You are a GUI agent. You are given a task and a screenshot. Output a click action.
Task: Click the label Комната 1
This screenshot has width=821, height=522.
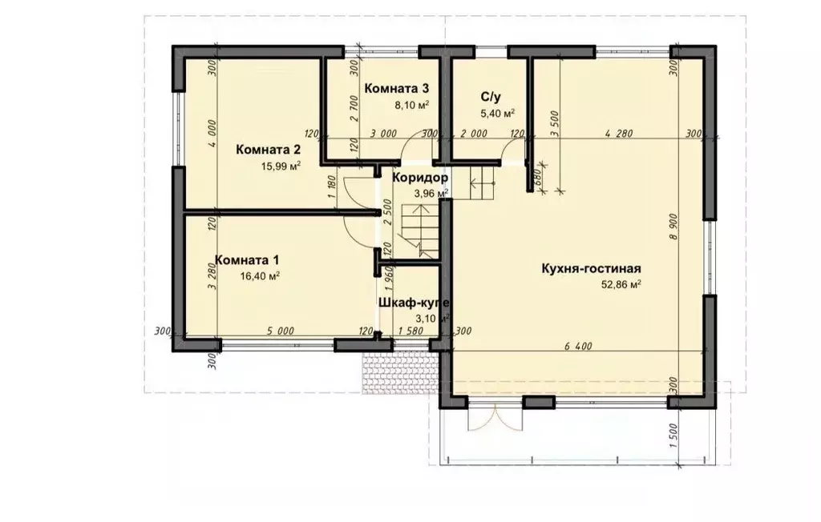[247, 260]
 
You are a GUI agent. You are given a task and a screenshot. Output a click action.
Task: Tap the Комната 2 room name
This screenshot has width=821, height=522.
[269, 150]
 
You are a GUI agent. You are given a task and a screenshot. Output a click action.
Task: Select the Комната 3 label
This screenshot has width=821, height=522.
[396, 88]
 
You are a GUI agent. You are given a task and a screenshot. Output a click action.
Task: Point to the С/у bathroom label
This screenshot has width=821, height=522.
[491, 97]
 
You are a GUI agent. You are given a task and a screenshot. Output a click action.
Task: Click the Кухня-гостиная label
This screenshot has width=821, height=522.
[591, 269]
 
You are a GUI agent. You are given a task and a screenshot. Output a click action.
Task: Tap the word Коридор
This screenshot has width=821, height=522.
[420, 178]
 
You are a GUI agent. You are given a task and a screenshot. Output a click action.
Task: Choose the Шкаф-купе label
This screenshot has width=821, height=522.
[415, 303]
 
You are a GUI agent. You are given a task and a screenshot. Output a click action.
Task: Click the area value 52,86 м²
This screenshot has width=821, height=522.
[621, 285]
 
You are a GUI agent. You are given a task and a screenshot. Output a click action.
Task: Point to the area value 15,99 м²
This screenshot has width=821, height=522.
[281, 167]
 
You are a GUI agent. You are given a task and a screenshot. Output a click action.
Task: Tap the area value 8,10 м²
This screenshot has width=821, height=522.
[412, 105]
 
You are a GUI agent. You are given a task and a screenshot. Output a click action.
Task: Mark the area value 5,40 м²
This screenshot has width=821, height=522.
[497, 113]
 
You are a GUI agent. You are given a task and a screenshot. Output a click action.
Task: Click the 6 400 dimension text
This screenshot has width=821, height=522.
[579, 346]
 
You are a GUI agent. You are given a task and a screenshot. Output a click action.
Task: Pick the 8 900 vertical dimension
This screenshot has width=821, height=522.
[673, 227]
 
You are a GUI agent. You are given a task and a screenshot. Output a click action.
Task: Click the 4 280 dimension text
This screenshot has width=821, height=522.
[618, 134]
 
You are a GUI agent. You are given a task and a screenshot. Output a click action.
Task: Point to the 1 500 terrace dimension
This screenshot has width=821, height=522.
[674, 436]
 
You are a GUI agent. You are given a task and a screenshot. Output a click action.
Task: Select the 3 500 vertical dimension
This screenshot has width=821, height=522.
[555, 123]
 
